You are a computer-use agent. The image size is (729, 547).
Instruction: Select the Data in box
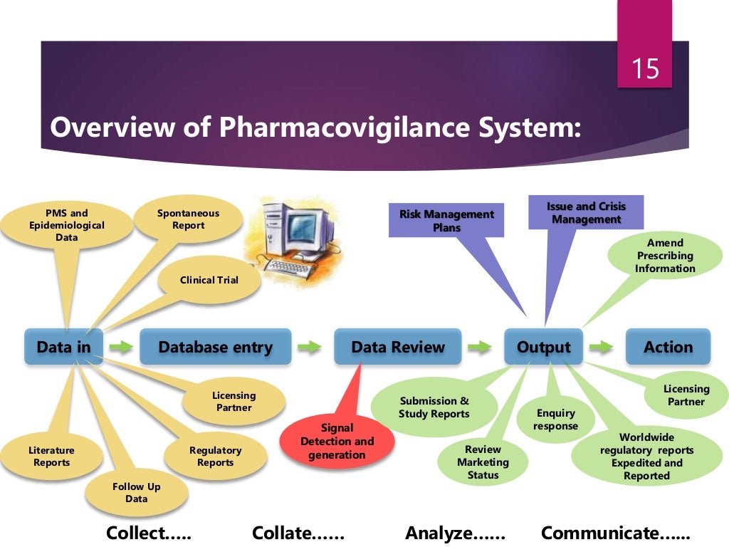point(64,347)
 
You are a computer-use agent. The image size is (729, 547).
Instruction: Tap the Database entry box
point(215,347)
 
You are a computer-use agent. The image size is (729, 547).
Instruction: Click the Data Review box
point(397,347)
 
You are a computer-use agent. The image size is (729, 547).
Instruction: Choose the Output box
point(543,347)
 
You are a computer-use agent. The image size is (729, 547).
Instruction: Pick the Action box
point(668,347)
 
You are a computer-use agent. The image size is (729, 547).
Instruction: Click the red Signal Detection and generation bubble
point(337,442)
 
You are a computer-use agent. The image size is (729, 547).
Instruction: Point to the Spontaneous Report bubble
point(188,219)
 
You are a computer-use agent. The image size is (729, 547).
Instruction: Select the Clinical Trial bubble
point(209,280)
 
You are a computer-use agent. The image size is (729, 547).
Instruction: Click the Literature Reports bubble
point(51,457)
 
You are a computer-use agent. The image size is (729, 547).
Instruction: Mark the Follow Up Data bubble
point(136,492)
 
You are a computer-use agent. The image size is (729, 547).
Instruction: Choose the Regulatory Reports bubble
point(215,457)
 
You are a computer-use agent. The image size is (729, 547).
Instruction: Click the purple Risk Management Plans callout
point(446,221)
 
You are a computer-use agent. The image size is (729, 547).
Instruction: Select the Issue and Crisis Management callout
point(586,212)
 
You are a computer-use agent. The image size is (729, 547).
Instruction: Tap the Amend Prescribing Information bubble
point(665,256)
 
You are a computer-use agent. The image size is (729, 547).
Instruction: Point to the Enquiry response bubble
point(555,420)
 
